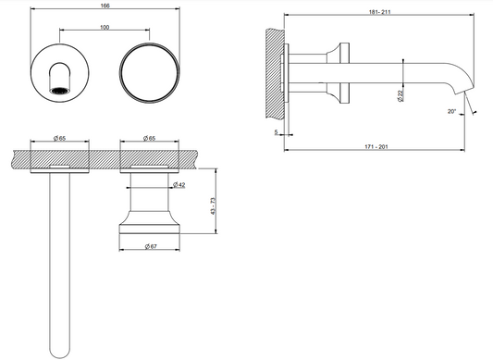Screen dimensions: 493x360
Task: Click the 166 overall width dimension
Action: click(105, 6)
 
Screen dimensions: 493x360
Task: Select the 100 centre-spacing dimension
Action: click(105, 28)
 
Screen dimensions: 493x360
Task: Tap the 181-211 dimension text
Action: click(379, 12)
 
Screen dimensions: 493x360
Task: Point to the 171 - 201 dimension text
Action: click(376, 146)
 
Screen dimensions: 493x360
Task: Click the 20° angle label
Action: click(451, 111)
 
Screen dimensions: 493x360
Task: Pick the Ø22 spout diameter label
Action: click(400, 95)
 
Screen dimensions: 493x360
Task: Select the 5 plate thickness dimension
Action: click(276, 132)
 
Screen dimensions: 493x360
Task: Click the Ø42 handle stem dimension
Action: click(179, 185)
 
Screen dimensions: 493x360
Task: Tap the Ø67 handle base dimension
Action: click(151, 247)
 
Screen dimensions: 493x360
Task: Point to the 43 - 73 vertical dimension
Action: click(213, 206)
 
